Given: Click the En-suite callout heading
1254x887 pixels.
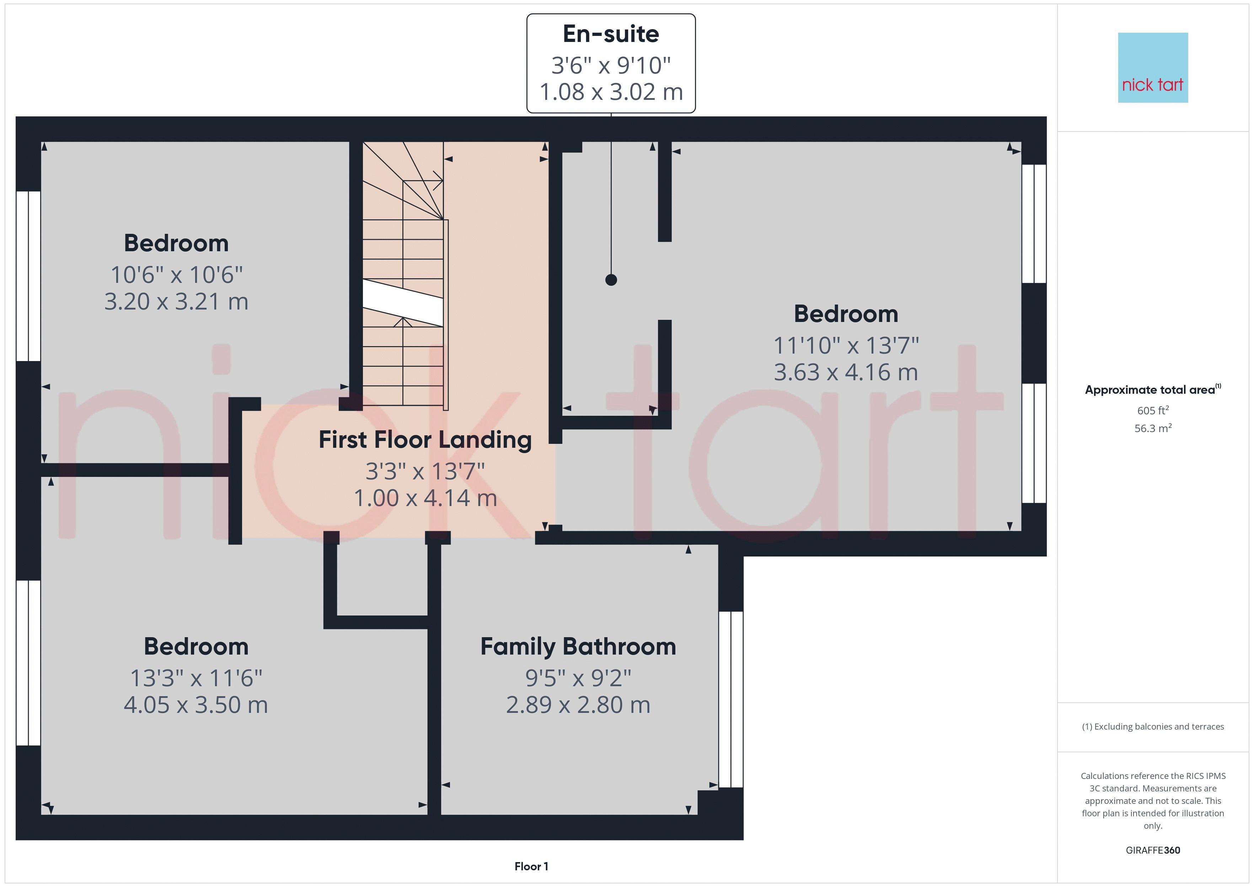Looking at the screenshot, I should [611, 34].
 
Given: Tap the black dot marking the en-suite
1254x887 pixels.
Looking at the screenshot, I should [611, 280].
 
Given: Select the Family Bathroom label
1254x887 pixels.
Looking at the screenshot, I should [578, 647].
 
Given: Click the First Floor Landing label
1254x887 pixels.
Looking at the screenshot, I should [425, 440].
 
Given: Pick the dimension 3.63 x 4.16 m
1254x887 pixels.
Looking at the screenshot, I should [846, 372].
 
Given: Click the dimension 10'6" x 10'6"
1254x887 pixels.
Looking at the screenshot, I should [176, 275].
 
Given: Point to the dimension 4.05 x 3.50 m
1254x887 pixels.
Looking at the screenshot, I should [195, 705].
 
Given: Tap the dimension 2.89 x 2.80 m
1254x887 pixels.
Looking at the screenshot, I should [578, 705].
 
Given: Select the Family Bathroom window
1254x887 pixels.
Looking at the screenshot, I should [731, 699].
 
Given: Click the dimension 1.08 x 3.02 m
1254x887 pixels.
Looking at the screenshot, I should [611, 92].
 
